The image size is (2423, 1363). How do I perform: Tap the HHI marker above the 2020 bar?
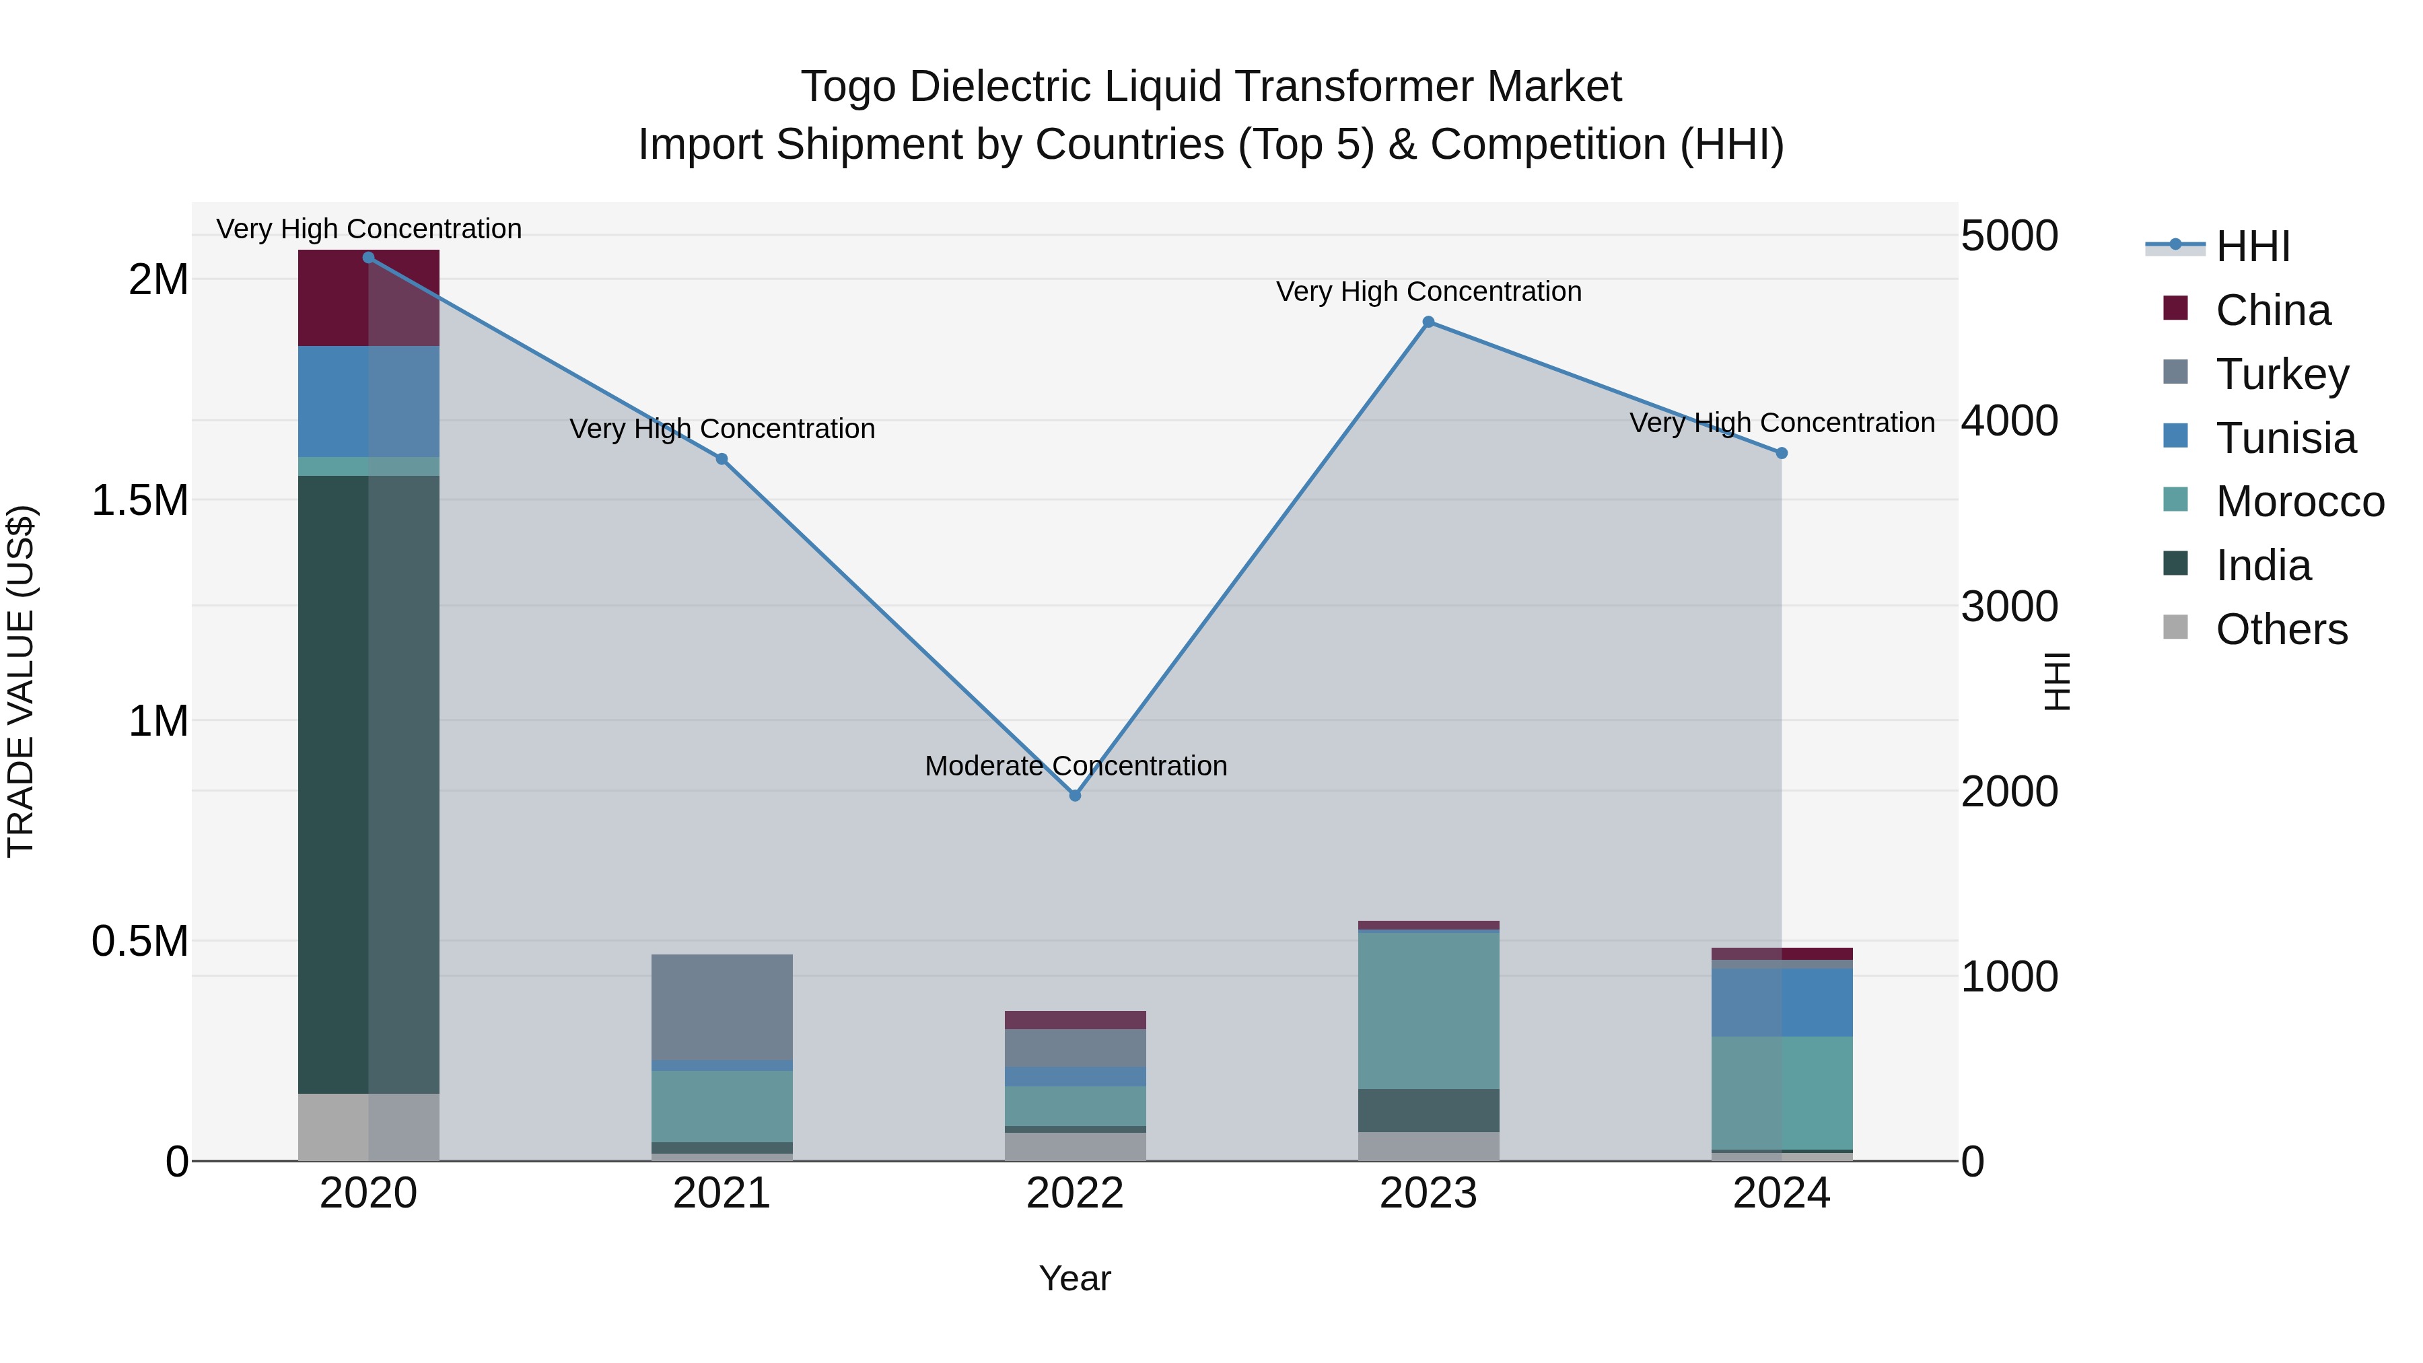click(369, 258)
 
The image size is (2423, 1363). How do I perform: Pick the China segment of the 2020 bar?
click(369, 298)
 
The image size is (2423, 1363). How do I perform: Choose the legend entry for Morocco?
click(2299, 501)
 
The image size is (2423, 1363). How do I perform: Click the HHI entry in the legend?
click(2252, 246)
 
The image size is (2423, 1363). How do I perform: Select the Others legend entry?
click(2280, 629)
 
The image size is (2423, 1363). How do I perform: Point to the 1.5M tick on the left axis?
click(140, 500)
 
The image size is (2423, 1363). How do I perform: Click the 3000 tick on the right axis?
click(2008, 606)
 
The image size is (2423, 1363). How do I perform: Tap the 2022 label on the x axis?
click(1075, 1193)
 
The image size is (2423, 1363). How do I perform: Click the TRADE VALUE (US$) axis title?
click(21, 681)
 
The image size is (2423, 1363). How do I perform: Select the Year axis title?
click(1075, 1278)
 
